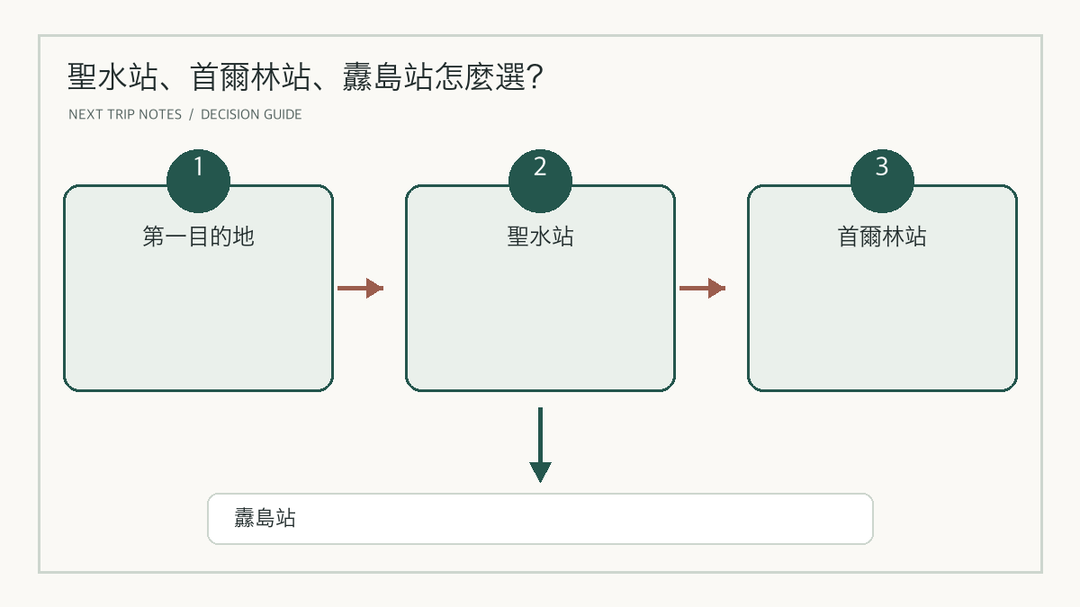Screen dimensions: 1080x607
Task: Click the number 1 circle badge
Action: click(198, 181)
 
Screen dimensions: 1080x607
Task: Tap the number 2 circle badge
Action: click(540, 181)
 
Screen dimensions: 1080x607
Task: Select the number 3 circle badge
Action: click(882, 181)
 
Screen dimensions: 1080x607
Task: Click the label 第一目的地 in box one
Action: click(198, 237)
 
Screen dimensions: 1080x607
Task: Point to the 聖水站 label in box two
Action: click(540, 237)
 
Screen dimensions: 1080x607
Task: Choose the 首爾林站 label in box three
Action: click(882, 237)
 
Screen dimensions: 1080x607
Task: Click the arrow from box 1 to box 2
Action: click(360, 288)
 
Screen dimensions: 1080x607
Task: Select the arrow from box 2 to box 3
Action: click(702, 288)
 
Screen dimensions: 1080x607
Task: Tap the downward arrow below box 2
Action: click(540, 444)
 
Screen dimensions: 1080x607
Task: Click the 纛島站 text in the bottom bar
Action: click(265, 518)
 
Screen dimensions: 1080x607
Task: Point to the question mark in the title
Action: click(535, 77)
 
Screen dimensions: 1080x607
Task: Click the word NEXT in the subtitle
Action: click(85, 115)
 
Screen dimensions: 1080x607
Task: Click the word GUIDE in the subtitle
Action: click(283, 115)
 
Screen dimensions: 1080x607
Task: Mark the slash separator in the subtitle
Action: click(191, 115)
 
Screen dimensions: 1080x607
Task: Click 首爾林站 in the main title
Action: click(250, 77)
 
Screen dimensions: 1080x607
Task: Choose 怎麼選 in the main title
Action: click(480, 77)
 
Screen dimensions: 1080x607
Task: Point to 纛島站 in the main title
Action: click(387, 77)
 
